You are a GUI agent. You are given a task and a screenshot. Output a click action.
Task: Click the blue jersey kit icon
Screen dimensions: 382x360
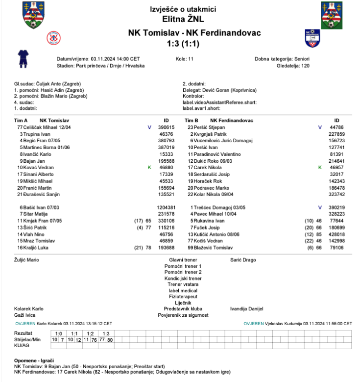coord(23,58)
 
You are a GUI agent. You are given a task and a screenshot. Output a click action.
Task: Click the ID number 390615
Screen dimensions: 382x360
coord(167,127)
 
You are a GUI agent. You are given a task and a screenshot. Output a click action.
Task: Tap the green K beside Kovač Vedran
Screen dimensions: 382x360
coord(149,167)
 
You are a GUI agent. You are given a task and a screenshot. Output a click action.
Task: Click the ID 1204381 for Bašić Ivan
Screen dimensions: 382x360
coord(166,207)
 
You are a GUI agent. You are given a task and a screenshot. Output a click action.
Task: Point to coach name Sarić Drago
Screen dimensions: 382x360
coord(243,259)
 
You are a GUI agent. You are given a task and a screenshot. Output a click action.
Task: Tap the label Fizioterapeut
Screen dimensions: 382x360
coord(183,296)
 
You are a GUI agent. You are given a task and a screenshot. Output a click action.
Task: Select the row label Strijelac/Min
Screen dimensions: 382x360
coord(27,339)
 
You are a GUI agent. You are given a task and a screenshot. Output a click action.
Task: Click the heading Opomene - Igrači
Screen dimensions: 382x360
coord(34,360)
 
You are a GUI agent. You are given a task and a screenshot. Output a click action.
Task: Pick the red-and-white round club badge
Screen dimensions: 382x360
coord(53,38)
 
